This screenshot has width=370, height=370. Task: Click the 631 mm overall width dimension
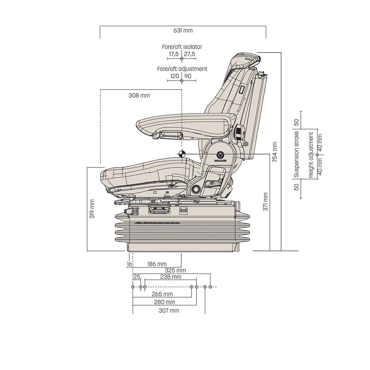(x=183, y=31)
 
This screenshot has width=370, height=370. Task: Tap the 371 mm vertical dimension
(x=265, y=202)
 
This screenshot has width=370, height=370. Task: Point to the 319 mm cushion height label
(x=92, y=209)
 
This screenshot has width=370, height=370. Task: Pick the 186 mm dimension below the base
(x=157, y=264)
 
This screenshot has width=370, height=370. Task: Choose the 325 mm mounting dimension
(x=175, y=270)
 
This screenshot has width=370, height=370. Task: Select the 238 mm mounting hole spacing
(x=171, y=277)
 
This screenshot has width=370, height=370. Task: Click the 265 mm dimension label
(x=162, y=295)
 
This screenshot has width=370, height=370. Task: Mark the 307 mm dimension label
(x=169, y=310)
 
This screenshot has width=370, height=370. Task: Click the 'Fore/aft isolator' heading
(x=182, y=47)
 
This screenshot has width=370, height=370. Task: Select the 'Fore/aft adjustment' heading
(x=182, y=69)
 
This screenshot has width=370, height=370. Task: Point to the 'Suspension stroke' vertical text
(x=296, y=154)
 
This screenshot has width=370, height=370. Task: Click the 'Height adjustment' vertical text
(x=311, y=154)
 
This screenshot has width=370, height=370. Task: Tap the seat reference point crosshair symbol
(x=181, y=154)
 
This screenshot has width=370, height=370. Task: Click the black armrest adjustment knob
(x=239, y=131)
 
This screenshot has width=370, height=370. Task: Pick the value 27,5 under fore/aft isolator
(x=189, y=54)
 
